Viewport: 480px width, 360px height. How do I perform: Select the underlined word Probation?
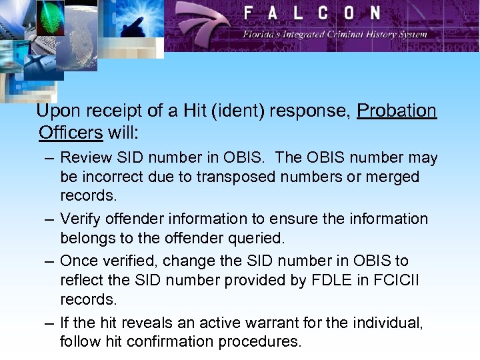pos(397,111)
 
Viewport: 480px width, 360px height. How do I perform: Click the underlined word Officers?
pos(71,132)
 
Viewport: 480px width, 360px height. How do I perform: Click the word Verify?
pos(80,219)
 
